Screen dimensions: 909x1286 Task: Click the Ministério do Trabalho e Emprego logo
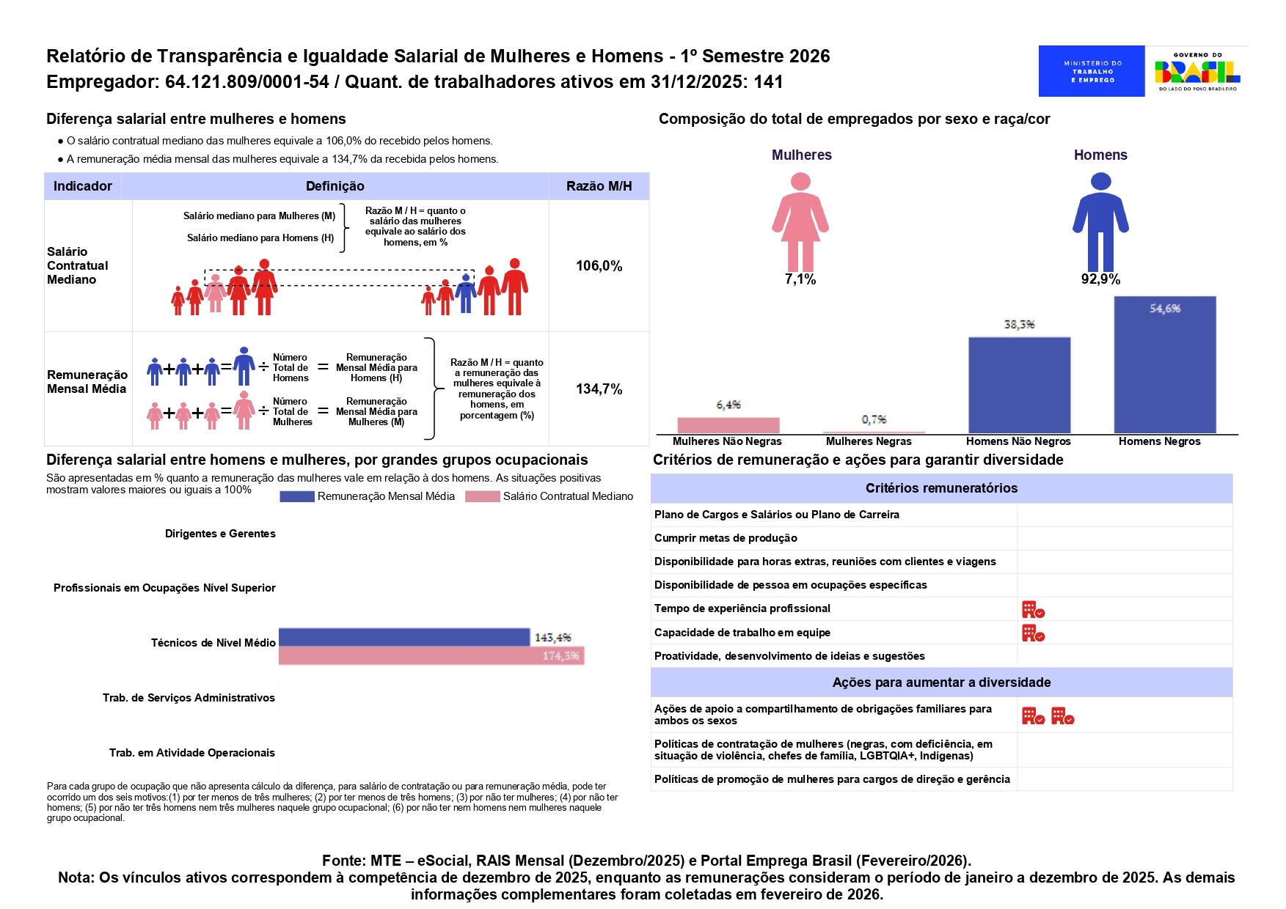pyautogui.click(x=1091, y=71)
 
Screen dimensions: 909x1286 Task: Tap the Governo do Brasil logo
pyautogui.click(x=1197, y=71)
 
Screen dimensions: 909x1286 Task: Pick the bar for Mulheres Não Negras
pyautogui.click(x=728, y=425)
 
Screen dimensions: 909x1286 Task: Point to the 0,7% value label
pyautogui.click(x=874, y=419)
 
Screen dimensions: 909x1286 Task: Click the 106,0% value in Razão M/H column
pyautogui.click(x=599, y=266)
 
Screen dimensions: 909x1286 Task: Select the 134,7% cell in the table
pyautogui.click(x=599, y=389)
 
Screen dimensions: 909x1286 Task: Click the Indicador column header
pyautogui.click(x=83, y=186)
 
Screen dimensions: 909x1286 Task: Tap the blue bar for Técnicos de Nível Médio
pyautogui.click(x=403, y=637)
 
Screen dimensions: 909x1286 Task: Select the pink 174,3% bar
pyautogui.click(x=431, y=655)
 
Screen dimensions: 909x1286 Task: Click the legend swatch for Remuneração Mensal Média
pyautogui.click(x=297, y=496)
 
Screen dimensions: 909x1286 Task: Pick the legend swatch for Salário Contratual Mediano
pyautogui.click(x=482, y=496)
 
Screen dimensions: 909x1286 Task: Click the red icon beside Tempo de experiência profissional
pyautogui.click(x=1033, y=609)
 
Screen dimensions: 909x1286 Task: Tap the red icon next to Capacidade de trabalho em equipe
pyautogui.click(x=1033, y=633)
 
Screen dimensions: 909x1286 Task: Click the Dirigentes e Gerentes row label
pyautogui.click(x=220, y=534)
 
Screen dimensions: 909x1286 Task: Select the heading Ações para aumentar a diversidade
pyautogui.click(x=941, y=682)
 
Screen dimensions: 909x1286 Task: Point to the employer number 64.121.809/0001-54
pyautogui.click(x=246, y=81)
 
